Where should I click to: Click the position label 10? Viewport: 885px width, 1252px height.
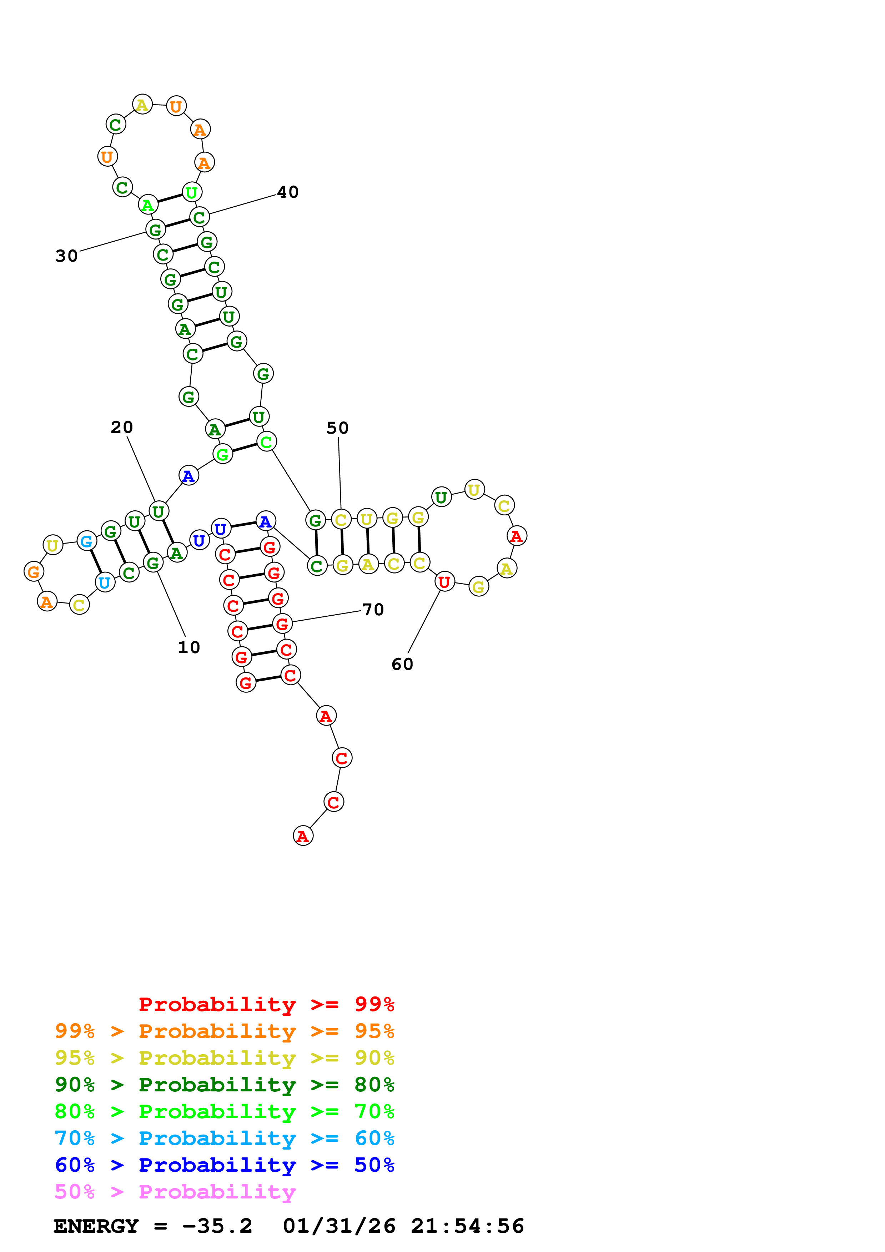click(x=188, y=647)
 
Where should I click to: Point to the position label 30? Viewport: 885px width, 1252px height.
click(x=66, y=256)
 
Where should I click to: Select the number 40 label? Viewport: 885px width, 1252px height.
click(x=287, y=192)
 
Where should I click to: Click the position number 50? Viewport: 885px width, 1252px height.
click(x=337, y=428)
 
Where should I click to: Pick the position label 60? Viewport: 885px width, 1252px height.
click(x=402, y=664)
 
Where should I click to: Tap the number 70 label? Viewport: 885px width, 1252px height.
click(x=373, y=610)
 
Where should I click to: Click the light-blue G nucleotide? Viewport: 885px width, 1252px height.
click(x=86, y=541)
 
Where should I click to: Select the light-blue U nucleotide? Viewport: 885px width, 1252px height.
click(x=105, y=582)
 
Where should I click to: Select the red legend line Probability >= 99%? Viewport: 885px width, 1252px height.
click(x=266, y=1004)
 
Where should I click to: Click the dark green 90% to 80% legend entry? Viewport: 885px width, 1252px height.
click(x=224, y=1085)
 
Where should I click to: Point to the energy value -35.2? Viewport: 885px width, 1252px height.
click(x=217, y=1226)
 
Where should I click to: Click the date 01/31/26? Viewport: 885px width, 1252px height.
click(x=339, y=1226)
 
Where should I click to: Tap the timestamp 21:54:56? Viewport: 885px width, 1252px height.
click(x=467, y=1226)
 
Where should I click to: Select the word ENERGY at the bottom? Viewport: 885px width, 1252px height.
click(x=96, y=1226)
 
